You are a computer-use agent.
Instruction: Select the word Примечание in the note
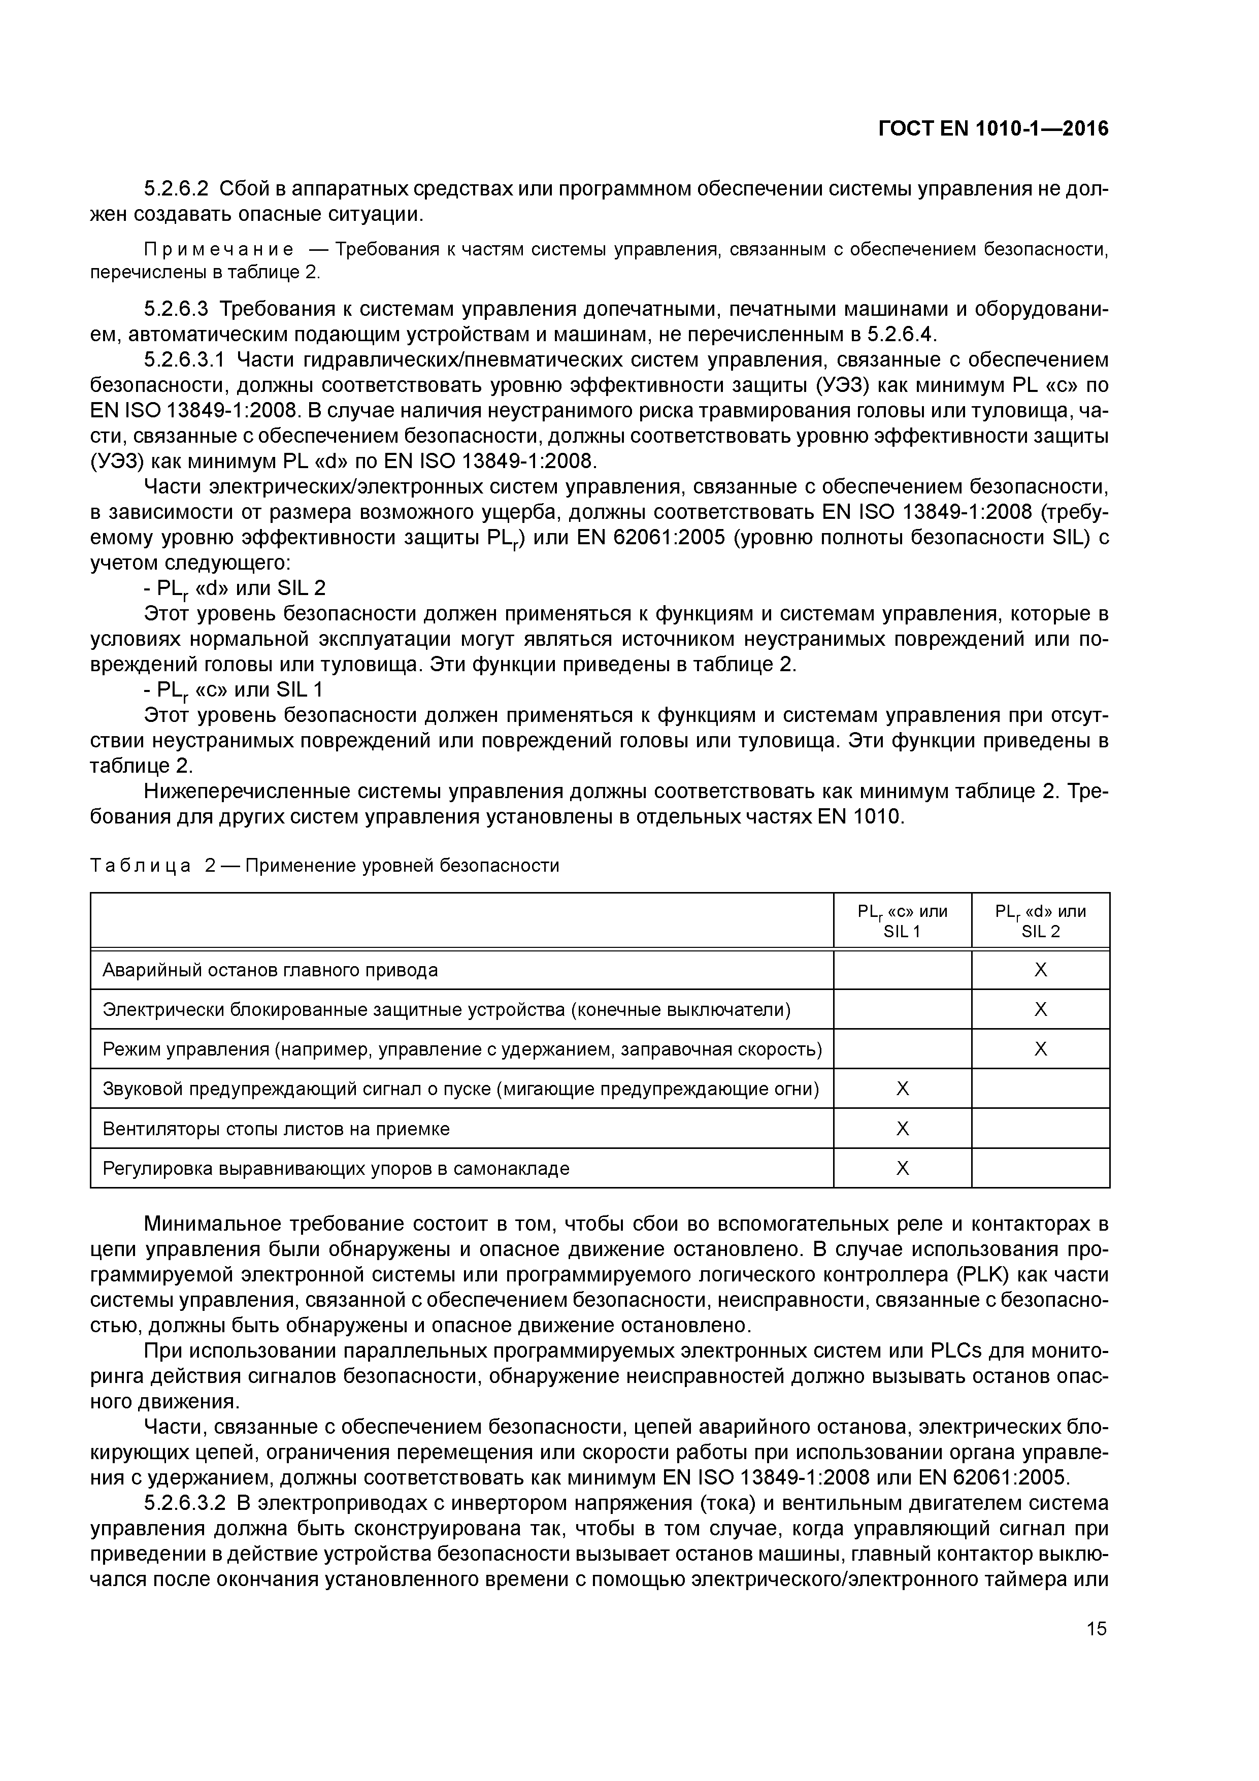tap(219, 249)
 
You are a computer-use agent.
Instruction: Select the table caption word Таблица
tap(141, 866)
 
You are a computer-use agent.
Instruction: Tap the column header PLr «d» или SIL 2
tap(1040, 921)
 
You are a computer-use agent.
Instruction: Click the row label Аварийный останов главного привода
tap(271, 970)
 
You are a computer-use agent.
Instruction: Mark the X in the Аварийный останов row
tap(1040, 970)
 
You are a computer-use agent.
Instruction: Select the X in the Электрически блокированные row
tap(1040, 1010)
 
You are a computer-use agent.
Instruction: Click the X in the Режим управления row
tap(1040, 1049)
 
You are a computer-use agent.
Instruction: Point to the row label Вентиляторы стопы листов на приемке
tap(276, 1129)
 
